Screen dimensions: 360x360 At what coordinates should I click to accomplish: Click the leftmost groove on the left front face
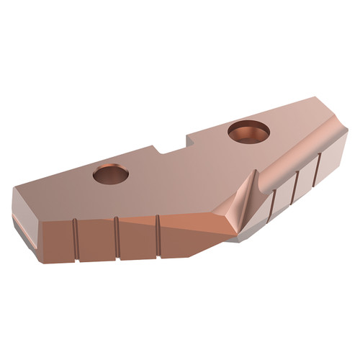point(77,238)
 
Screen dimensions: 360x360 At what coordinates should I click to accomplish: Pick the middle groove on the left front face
point(117,236)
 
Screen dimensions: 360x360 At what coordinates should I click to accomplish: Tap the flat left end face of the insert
point(27,215)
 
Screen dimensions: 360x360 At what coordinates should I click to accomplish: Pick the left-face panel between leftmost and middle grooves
point(97,240)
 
